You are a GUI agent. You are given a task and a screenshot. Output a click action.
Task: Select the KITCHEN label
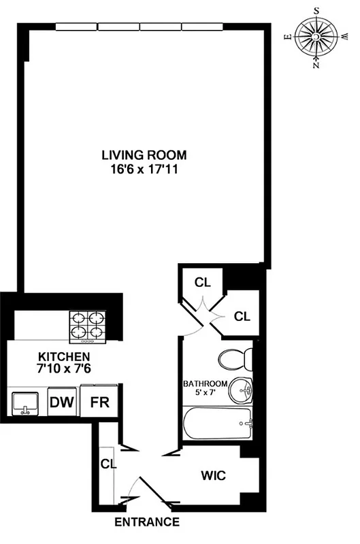pos(63,357)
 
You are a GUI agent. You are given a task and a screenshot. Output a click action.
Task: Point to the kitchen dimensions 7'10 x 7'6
pos(63,369)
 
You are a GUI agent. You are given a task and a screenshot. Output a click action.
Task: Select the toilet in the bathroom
pos(238,359)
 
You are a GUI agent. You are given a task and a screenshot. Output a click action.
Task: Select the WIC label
pos(212,476)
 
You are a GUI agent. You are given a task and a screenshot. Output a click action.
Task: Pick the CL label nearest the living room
pos(201,282)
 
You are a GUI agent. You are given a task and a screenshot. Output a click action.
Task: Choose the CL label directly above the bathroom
pos(242,316)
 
